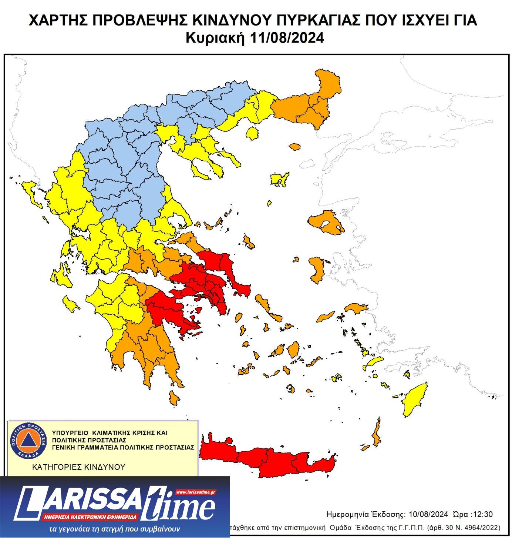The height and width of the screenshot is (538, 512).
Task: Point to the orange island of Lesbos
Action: tap(326, 222)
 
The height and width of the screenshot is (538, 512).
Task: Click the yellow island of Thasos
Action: tap(253, 133)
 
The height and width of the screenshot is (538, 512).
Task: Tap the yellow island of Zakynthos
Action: tap(70, 304)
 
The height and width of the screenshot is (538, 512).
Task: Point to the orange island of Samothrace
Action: tap(295, 147)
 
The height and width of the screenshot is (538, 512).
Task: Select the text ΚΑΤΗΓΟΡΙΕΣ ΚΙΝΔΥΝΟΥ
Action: tap(79, 467)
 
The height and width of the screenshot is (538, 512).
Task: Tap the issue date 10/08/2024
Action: tap(428, 515)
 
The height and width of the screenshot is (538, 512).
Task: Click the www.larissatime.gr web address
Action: tap(196, 492)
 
